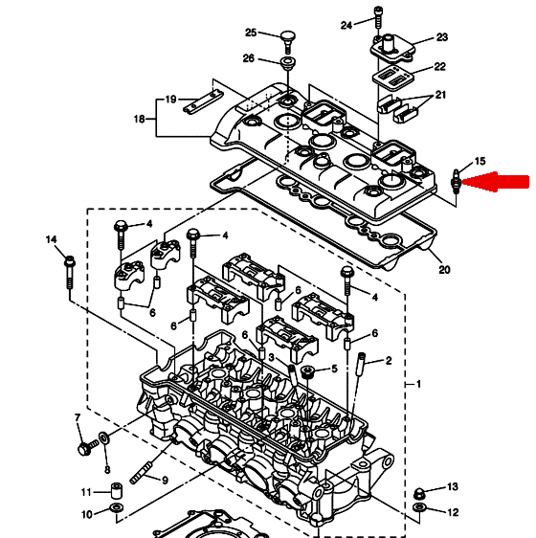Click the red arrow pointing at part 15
496,182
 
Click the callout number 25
251,33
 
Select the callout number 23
442,36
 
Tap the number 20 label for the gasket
444,270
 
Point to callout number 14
51,239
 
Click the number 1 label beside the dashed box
418,384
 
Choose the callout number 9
165,481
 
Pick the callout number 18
140,119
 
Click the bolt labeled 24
378,17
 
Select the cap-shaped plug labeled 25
288,42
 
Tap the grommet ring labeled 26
287,63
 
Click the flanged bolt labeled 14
70,273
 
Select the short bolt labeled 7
88,447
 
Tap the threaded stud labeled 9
141,474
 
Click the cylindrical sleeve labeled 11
117,491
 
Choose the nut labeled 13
418,494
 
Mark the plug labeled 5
307,372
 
